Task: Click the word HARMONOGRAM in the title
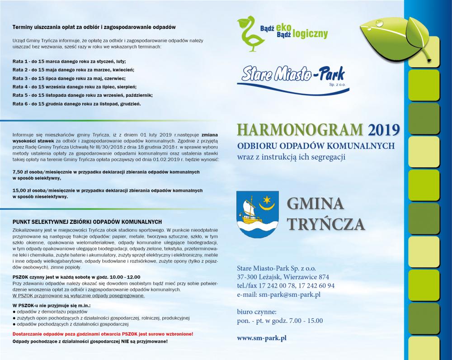point(299,130)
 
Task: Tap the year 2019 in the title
point(384,130)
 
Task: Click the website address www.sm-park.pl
point(262,337)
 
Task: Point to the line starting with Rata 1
point(69,61)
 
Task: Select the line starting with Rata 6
point(77,104)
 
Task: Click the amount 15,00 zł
point(23,190)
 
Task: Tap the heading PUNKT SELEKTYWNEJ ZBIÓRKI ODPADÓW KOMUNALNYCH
point(87,222)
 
